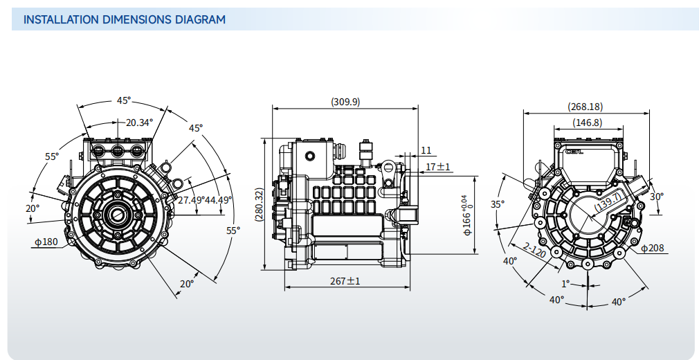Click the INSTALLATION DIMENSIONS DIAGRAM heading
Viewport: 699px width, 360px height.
pos(125,19)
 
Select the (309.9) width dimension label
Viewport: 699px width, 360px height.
pos(345,102)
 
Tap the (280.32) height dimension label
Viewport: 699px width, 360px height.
pos(259,204)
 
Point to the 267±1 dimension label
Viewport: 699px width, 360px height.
pos(345,281)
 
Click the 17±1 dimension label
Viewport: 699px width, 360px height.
pos(438,167)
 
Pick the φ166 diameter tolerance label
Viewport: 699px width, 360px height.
pos(466,215)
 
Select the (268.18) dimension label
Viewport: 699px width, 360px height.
pos(585,107)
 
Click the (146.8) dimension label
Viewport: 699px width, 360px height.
pos(588,123)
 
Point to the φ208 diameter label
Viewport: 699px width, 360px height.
pos(653,248)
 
